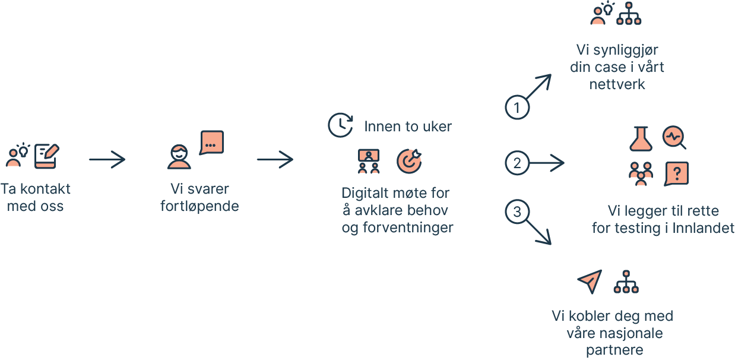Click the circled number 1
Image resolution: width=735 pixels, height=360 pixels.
pos(517,108)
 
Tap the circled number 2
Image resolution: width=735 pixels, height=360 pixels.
pos(517,163)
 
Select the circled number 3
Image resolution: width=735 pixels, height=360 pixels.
pos(517,212)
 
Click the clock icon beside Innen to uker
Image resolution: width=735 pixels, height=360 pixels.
pos(340,125)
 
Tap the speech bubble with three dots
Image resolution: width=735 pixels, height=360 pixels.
pos(211,143)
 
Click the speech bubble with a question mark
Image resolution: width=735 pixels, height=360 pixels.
pos(677,173)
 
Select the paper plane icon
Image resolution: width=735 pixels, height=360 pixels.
pos(590,282)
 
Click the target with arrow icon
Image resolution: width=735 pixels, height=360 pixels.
pos(408,161)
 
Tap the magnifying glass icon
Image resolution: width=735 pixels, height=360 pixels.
pos(674,137)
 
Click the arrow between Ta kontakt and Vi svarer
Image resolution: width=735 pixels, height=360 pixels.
pos(107,159)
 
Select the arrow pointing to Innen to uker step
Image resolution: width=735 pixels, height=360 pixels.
pos(275,159)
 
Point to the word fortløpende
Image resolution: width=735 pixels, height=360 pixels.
pos(199,207)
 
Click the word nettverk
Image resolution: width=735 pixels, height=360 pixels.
pos(617,84)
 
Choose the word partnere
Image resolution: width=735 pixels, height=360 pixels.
pos(614,350)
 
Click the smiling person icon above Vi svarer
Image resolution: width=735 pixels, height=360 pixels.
pos(179,157)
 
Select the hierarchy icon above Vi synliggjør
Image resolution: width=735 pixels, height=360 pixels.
pos(629,13)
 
